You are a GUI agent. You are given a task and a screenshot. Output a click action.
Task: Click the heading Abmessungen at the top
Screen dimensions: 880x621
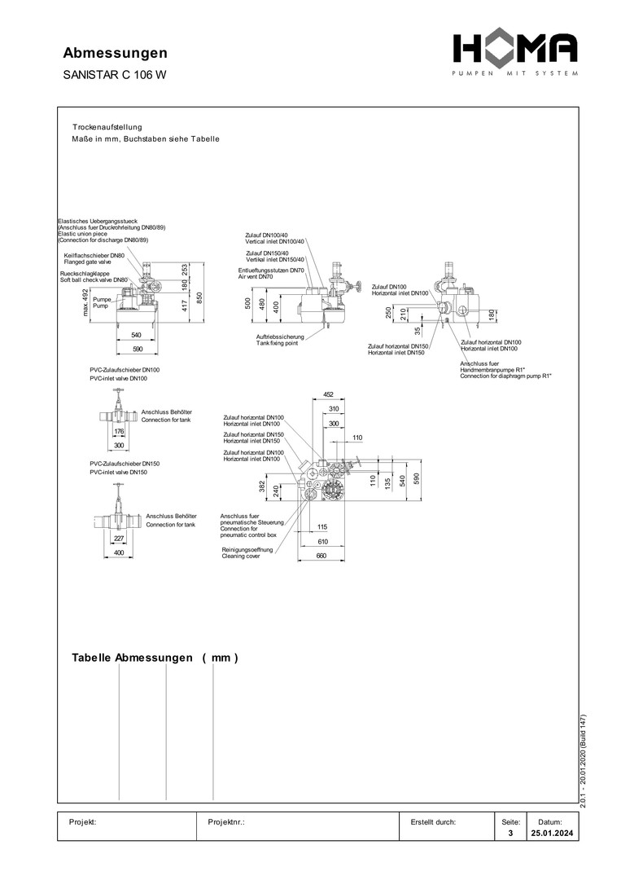click(116, 54)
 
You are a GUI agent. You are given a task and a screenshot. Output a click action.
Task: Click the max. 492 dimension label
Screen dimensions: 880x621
click(85, 302)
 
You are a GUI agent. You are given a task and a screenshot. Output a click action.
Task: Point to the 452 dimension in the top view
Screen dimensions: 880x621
click(328, 396)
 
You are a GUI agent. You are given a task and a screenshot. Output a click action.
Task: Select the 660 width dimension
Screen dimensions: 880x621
click(321, 556)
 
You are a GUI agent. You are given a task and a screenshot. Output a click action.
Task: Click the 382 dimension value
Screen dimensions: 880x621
click(262, 486)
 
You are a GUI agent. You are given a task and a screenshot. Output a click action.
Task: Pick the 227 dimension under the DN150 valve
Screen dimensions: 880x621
click(119, 539)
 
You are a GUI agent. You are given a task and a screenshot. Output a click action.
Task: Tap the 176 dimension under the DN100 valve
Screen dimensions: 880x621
click(119, 432)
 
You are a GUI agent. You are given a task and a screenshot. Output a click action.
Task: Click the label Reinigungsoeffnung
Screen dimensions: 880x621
click(247, 550)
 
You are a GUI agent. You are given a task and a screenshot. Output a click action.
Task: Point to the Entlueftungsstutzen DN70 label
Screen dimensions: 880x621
click(271, 271)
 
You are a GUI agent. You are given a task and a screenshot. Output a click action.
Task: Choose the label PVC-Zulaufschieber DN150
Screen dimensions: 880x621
click(124, 464)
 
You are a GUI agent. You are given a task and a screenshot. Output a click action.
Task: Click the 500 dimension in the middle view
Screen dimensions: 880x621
click(248, 303)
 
